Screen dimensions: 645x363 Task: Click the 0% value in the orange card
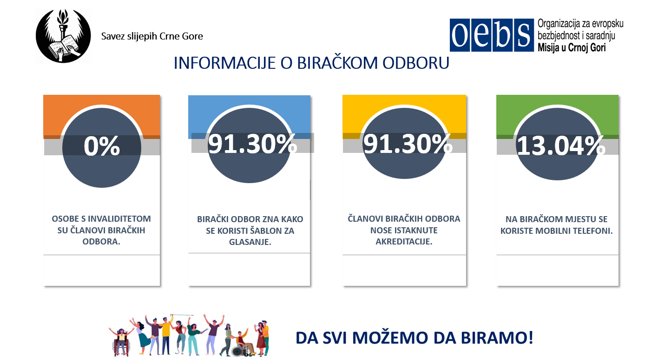point(102,146)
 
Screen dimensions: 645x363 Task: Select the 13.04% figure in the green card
point(561,146)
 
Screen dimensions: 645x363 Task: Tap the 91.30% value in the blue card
point(252,144)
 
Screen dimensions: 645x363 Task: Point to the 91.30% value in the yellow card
point(408,144)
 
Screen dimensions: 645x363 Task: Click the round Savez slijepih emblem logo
point(63,36)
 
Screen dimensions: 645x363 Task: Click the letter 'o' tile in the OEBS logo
point(460,35)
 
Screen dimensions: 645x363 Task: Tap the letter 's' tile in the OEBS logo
point(524,35)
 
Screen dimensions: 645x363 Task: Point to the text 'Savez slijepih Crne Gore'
point(152,36)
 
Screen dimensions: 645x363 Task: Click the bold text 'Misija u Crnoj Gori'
point(572,47)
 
